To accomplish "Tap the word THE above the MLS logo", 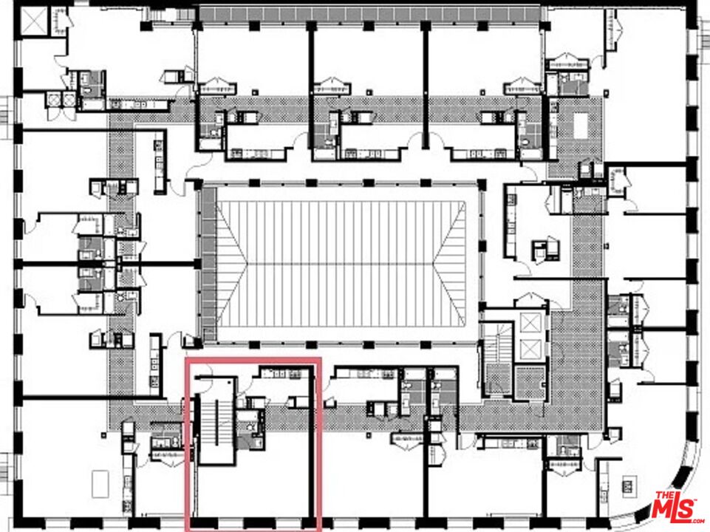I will click(664, 494).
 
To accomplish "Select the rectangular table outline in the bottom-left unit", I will click(100, 483).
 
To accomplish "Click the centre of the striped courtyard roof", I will click(341, 264).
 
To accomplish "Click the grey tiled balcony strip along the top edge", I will click(369, 14).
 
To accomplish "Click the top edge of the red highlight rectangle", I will click(253, 360).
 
